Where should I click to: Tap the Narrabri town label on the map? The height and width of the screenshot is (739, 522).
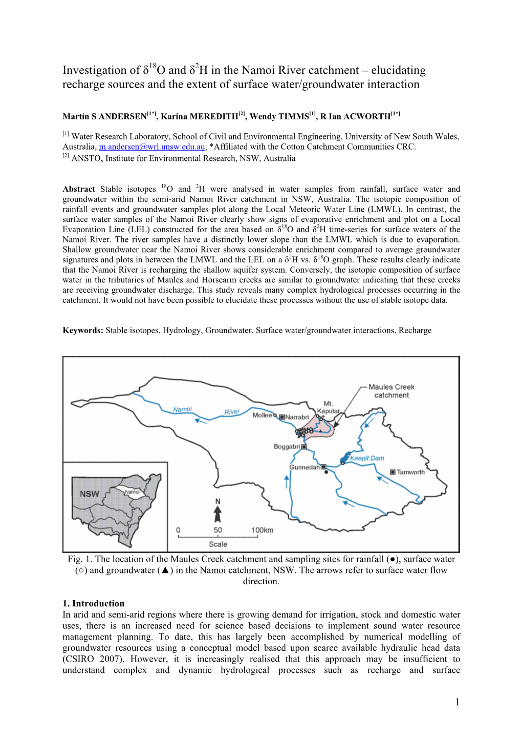pos(297,417)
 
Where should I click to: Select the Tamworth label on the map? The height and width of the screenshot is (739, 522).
pos(410,472)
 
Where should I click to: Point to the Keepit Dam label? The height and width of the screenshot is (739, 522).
pos(367,458)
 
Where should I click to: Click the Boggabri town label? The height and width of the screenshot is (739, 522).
pos(287,446)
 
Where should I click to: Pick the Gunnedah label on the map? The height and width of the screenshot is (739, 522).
pos(304,467)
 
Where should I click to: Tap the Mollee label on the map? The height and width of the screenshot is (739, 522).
pos(262,415)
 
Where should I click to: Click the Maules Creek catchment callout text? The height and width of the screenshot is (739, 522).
pos(391,391)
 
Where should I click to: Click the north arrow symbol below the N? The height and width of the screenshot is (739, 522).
pos(217,514)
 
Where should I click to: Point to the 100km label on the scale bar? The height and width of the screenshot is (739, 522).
pos(262,530)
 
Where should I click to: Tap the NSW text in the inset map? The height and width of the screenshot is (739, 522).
pos(89,494)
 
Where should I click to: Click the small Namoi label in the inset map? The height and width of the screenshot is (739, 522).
pos(132,492)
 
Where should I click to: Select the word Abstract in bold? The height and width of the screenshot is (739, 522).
pos(79,189)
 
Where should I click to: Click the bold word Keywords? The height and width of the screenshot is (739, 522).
pos(83,331)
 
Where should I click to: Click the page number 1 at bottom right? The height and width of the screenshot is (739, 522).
pos(457,702)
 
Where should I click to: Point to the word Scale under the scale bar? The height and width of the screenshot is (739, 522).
pos(217,544)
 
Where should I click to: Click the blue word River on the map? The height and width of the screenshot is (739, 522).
pos(232,412)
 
